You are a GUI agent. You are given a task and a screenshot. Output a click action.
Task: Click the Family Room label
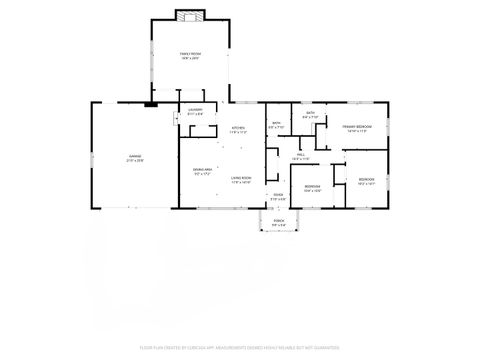click(189, 53)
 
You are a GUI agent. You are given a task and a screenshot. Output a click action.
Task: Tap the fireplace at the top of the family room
click(189, 14)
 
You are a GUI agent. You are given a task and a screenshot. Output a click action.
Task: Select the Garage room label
click(134, 155)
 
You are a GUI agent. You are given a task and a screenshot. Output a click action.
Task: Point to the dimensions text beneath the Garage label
click(134, 160)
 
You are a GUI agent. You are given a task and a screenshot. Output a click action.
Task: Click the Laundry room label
click(195, 110)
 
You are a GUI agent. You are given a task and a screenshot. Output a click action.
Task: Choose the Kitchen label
click(238, 128)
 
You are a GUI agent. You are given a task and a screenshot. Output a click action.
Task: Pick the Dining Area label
click(202, 169)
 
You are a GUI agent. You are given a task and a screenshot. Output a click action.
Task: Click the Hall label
click(301, 154)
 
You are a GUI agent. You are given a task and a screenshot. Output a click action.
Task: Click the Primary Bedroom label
click(357, 126)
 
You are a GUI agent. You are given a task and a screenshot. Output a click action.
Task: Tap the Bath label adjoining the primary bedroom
click(311, 113)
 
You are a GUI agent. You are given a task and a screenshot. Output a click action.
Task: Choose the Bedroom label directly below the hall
click(312, 186)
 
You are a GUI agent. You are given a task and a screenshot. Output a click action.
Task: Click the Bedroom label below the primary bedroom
click(366, 180)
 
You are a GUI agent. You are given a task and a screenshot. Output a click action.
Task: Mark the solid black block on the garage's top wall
click(151, 102)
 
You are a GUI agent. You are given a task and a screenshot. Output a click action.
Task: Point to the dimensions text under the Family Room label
click(189, 58)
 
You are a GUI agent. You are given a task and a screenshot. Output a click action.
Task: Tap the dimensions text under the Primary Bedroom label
click(357, 131)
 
